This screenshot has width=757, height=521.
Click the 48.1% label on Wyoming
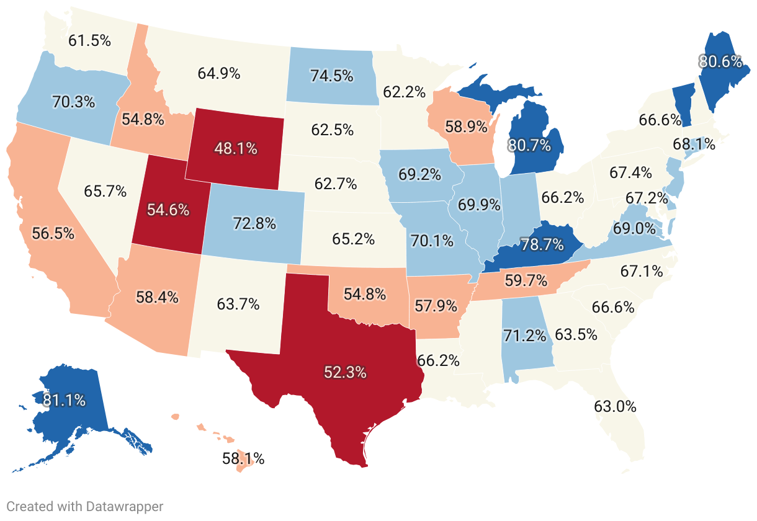coord(236,149)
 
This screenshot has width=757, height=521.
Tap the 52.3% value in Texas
coord(345,372)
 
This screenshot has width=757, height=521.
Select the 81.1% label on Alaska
coord(64,400)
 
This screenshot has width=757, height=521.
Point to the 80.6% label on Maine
coord(720,61)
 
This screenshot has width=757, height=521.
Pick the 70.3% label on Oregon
coord(73,102)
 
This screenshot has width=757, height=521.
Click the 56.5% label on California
coord(52,233)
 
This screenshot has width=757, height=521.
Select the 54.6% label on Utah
coord(168,210)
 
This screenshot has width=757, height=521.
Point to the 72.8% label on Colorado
coord(254,223)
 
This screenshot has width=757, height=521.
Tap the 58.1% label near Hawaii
coord(243,459)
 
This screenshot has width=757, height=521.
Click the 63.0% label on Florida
coord(615,407)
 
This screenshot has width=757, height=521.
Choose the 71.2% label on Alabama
coord(525,336)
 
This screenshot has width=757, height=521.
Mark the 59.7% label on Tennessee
coord(526,281)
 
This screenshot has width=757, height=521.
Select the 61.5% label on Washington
coord(89,41)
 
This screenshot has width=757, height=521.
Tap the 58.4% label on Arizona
coord(157,297)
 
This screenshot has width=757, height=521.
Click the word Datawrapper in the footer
coord(124,507)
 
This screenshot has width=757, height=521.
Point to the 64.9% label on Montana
coord(219,73)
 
